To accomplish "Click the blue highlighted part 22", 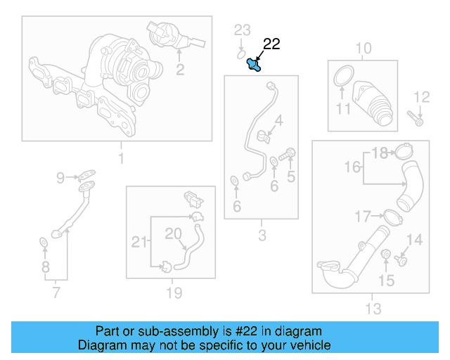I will point(253,65).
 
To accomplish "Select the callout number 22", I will point(271,44).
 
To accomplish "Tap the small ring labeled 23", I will point(240,52).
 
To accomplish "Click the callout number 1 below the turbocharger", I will point(120,159).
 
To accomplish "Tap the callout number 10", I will point(363,49).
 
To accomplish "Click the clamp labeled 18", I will point(404,151).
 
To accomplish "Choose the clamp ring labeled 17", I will point(394,217).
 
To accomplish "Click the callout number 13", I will point(372,308).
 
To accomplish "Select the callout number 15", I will point(387,281).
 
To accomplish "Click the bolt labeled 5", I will point(287,153).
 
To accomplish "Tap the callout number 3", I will point(262,236).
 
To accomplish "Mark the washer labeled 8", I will point(44,243).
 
